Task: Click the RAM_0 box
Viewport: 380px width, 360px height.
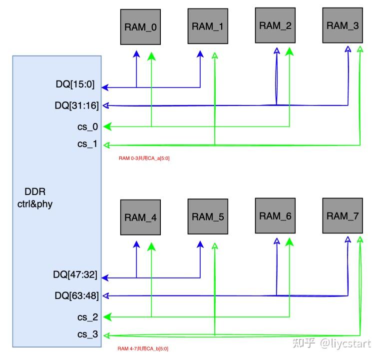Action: (x=140, y=27)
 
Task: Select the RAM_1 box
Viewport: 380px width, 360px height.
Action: (x=208, y=26)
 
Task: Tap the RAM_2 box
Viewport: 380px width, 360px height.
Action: (x=275, y=25)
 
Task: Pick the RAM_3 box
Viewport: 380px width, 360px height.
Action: (x=343, y=25)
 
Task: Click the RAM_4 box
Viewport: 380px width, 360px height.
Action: (x=140, y=217)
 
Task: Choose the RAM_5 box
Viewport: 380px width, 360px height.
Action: (x=208, y=216)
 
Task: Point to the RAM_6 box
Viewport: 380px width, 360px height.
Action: (x=275, y=216)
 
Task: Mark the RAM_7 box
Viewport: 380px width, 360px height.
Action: (x=343, y=215)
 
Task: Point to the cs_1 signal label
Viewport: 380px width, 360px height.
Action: (x=88, y=145)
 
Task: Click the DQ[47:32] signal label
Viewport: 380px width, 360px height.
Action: (x=75, y=275)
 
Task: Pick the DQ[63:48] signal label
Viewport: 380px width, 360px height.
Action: (x=75, y=295)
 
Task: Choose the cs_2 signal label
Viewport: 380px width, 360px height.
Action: (x=87, y=316)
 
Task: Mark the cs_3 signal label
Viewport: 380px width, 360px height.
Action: (x=87, y=335)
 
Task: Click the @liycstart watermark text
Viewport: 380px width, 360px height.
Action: (x=346, y=343)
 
